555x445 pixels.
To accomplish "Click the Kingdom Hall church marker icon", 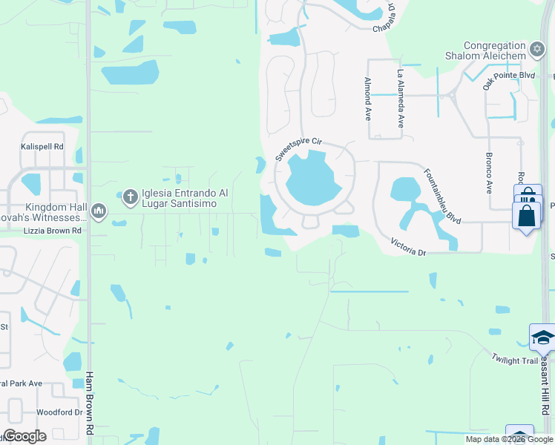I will [x=98, y=213].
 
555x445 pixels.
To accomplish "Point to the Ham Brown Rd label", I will [x=90, y=402].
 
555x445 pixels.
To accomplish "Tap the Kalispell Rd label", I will [x=42, y=147].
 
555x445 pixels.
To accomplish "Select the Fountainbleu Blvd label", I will [x=443, y=197].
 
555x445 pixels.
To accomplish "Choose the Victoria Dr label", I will [x=409, y=248].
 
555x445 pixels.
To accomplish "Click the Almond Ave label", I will [x=367, y=99].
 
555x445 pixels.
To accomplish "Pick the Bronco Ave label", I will [x=490, y=173].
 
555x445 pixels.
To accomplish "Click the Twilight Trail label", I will [x=513, y=360].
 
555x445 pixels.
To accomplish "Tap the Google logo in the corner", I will [x=24, y=436].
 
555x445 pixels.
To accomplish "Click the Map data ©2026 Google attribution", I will [x=509, y=439].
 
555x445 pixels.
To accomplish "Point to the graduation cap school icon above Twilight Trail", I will [x=542, y=337].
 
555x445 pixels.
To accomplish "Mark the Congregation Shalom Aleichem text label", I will [x=495, y=50].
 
